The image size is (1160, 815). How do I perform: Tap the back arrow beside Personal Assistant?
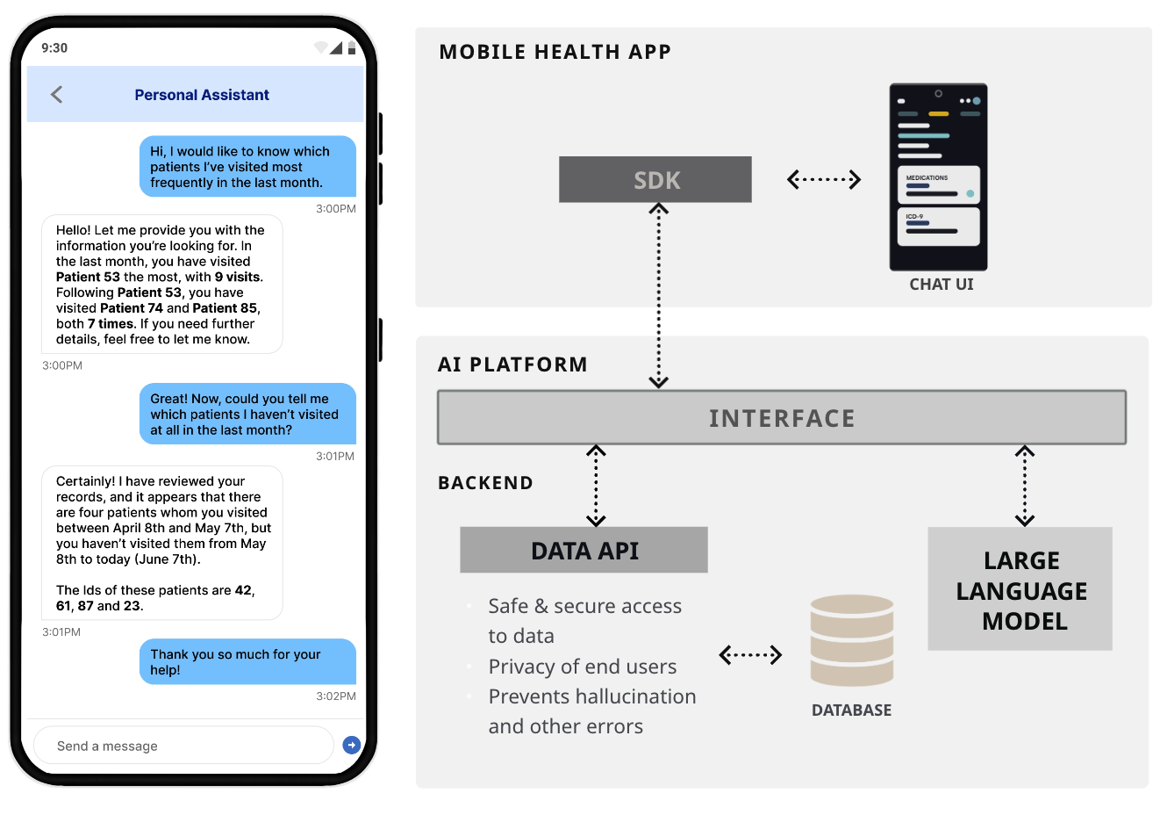click(57, 95)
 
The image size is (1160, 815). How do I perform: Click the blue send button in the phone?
click(352, 745)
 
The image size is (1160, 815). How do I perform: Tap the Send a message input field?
click(183, 746)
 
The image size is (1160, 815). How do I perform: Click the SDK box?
click(655, 180)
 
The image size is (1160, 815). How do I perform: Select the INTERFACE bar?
click(781, 418)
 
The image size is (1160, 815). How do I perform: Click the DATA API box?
click(584, 551)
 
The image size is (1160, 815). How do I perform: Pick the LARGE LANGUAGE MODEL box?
click(1020, 589)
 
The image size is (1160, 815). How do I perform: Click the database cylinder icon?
click(852, 640)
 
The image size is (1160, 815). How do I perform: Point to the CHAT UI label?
click(941, 285)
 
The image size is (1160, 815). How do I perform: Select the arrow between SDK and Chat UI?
click(824, 180)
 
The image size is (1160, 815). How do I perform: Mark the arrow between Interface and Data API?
click(597, 486)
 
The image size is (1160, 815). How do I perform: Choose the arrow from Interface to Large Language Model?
click(1025, 486)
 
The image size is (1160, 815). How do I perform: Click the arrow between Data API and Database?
click(750, 655)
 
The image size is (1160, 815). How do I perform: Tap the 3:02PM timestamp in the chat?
click(336, 696)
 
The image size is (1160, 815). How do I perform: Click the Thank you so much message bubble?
click(247, 662)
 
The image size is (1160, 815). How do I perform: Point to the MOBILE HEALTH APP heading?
click(555, 53)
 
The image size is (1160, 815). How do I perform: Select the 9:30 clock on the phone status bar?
click(54, 48)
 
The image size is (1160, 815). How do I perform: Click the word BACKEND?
click(485, 483)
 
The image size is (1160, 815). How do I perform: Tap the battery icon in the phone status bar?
click(352, 47)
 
